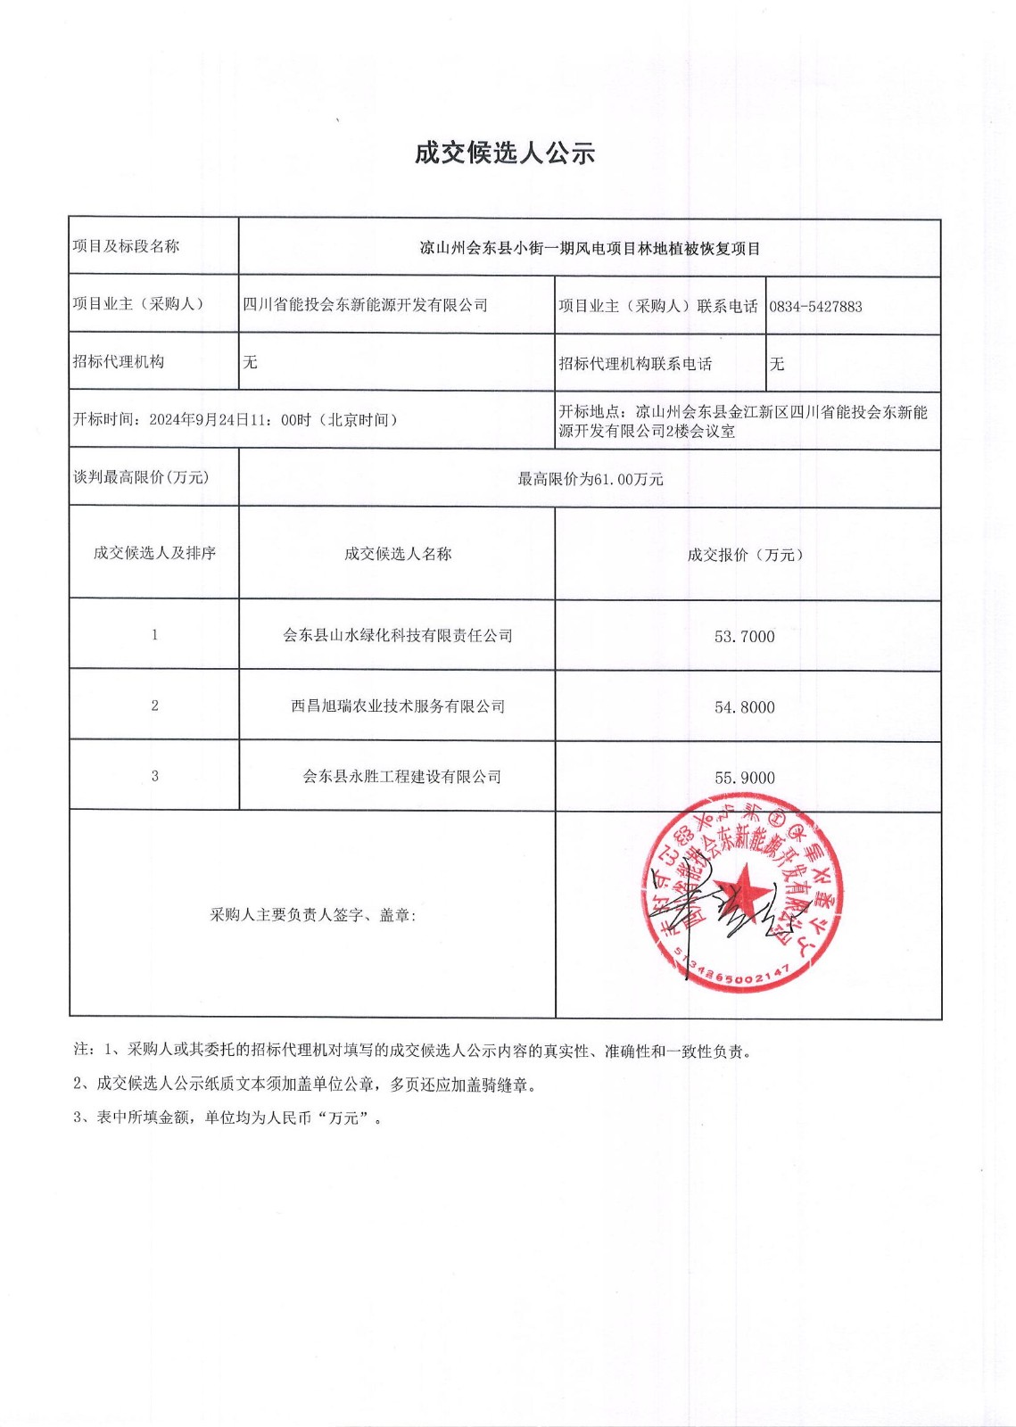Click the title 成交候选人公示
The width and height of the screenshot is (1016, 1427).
point(504,153)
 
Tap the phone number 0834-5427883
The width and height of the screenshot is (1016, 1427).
point(815,307)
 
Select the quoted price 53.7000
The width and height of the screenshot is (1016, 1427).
point(744,637)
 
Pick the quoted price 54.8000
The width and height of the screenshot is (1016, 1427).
point(744,707)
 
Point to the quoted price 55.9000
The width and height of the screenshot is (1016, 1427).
point(744,778)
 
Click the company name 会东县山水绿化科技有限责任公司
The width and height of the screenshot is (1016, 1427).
point(398,636)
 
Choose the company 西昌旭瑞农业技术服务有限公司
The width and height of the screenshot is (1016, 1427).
point(398,706)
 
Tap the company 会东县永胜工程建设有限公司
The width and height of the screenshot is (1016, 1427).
point(401,777)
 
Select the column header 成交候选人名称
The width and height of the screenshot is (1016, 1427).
point(398,554)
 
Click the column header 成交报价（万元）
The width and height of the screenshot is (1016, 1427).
point(745,555)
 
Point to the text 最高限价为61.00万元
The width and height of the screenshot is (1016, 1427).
point(591,480)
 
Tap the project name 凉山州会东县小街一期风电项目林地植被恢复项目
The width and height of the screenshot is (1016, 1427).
point(590,249)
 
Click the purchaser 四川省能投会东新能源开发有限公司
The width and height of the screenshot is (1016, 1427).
point(366,305)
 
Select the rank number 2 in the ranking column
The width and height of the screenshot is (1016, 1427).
point(154,705)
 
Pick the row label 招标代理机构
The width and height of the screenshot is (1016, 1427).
point(119,362)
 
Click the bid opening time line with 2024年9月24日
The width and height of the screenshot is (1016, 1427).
point(235,420)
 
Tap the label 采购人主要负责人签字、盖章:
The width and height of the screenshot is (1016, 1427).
point(313,915)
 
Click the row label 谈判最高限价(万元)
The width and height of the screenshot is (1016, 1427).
point(141,478)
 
